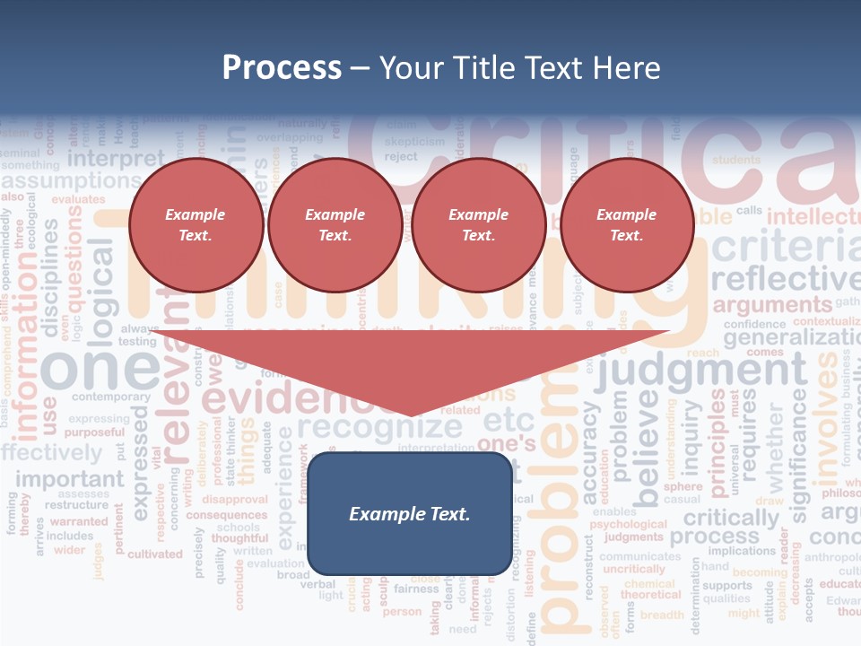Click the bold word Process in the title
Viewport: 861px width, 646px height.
click(282, 67)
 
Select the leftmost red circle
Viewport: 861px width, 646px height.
click(196, 224)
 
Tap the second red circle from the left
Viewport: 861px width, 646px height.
click(335, 224)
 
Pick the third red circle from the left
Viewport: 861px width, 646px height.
click(478, 224)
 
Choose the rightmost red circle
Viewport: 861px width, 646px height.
click(626, 224)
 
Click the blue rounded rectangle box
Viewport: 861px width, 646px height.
click(410, 513)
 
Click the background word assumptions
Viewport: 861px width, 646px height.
click(72, 182)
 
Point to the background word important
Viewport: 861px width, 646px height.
click(69, 478)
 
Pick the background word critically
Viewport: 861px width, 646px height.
click(731, 519)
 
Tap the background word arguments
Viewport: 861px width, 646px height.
click(772, 305)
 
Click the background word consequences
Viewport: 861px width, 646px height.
click(227, 515)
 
